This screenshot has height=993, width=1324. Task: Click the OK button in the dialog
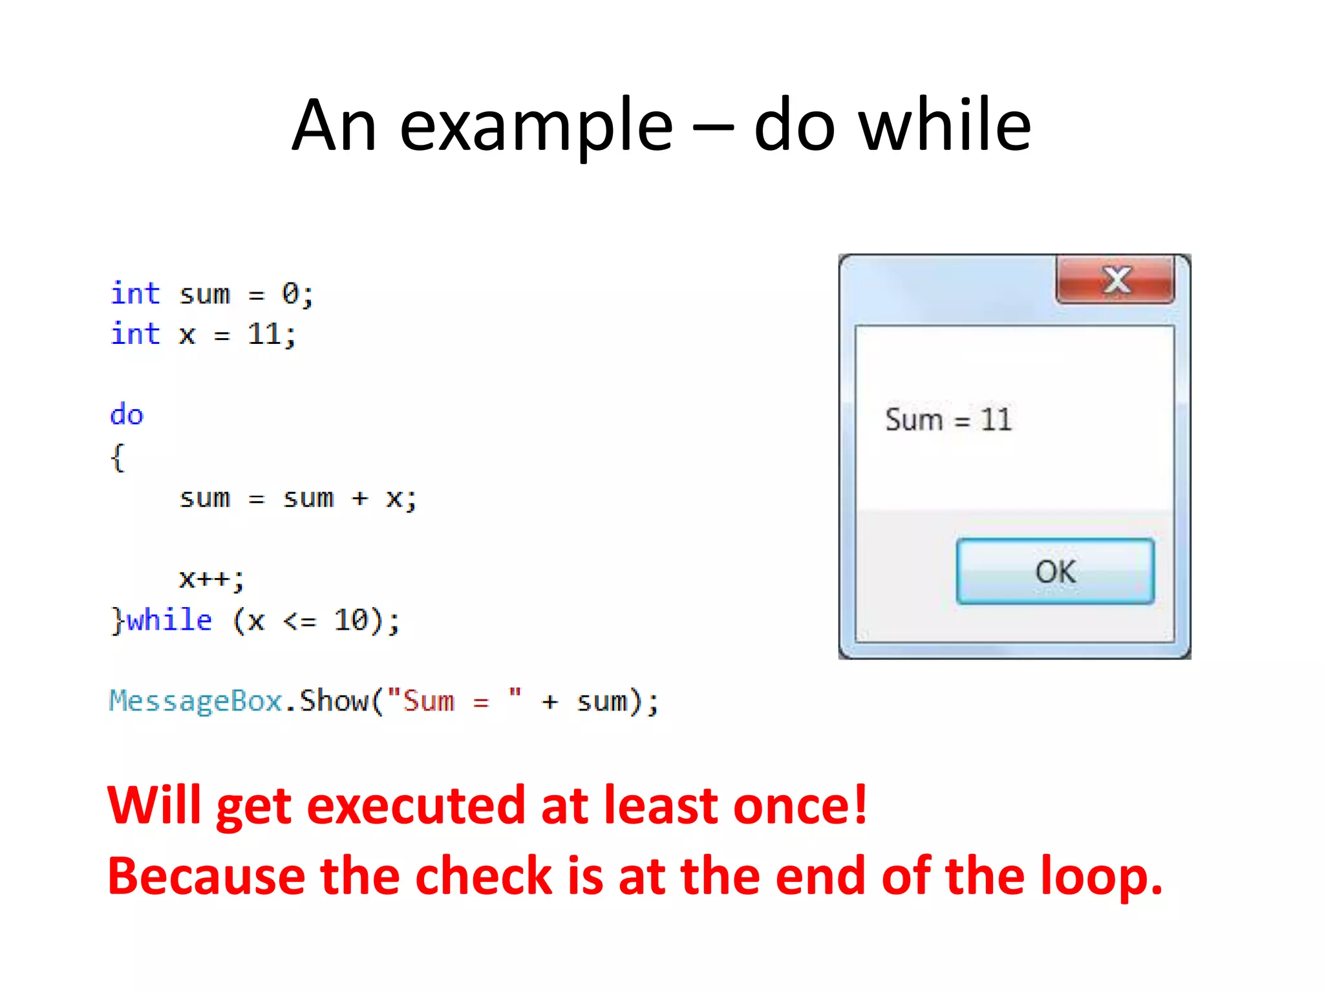click(x=1055, y=571)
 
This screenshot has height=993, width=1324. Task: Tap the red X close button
click(x=1115, y=280)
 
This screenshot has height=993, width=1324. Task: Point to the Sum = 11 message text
click(x=948, y=420)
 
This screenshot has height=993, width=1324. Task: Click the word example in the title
click(x=536, y=125)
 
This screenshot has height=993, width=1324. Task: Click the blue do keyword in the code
click(x=127, y=414)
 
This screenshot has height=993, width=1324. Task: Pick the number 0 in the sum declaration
click(x=290, y=294)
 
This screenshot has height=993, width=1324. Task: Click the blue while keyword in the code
click(x=169, y=620)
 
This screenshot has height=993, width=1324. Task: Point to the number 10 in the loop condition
click(x=350, y=620)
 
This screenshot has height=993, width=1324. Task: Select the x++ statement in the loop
click(x=211, y=579)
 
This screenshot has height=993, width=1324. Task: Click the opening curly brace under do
click(x=117, y=458)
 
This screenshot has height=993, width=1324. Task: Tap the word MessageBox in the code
click(x=196, y=701)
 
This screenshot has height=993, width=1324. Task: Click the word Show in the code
click(x=334, y=701)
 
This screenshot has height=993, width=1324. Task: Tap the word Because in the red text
click(x=206, y=877)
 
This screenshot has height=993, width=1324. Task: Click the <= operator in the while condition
click(x=299, y=621)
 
